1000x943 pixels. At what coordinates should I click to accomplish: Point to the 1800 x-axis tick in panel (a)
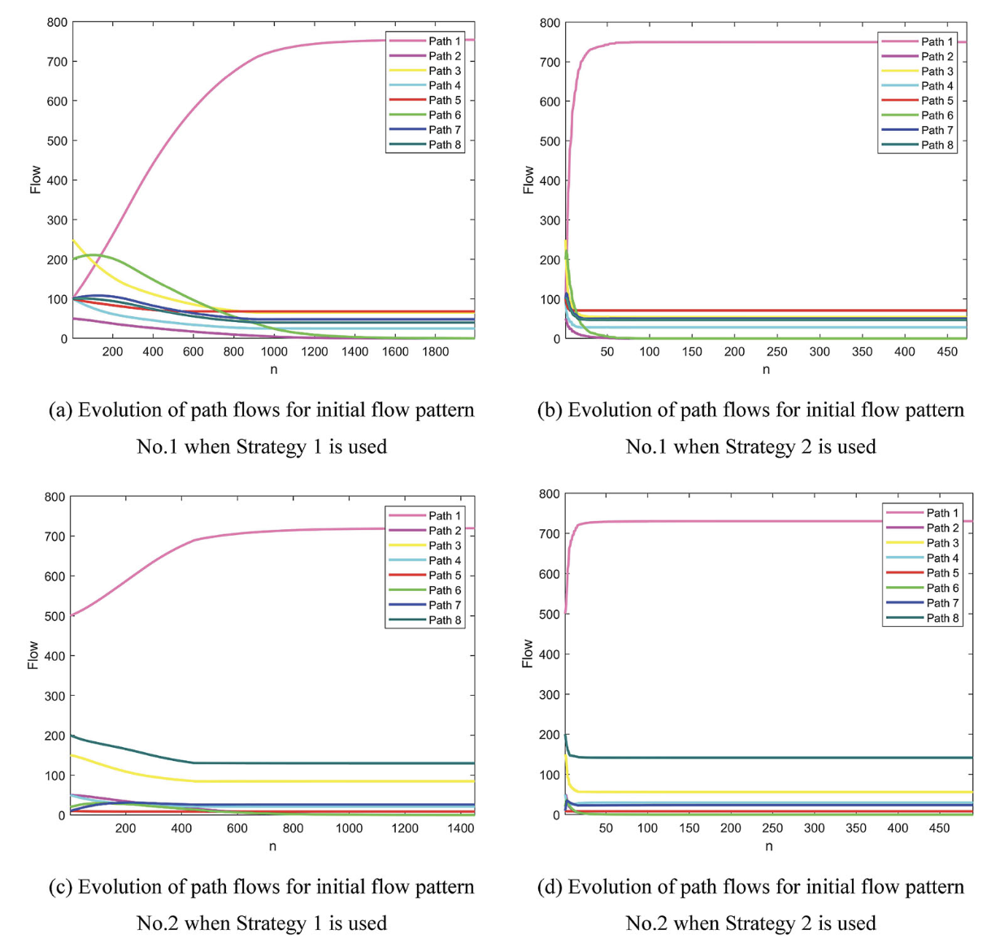[x=436, y=352]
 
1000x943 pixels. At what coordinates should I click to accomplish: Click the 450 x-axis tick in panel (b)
[x=947, y=352]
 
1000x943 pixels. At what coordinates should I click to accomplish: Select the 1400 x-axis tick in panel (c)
[x=461, y=828]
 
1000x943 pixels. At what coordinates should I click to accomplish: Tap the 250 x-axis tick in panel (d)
[x=772, y=828]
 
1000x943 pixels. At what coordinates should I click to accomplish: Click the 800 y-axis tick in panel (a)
[x=56, y=22]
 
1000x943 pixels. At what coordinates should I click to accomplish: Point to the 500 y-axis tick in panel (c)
[x=56, y=616]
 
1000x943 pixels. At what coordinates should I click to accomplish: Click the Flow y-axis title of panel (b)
[x=528, y=180]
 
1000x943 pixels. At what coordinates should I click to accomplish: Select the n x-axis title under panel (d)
[x=768, y=846]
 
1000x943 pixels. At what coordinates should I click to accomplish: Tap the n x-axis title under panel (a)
[x=274, y=370]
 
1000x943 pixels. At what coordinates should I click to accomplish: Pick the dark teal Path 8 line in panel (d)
[x=732, y=758]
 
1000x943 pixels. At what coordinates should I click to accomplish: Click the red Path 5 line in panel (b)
[x=732, y=311]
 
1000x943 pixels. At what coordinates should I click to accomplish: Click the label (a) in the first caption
[x=61, y=410]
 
